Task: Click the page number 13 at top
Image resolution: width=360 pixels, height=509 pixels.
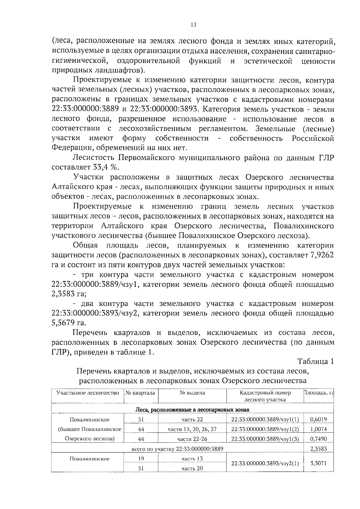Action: click(193, 25)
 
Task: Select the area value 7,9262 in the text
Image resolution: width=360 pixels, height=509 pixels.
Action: click(322, 255)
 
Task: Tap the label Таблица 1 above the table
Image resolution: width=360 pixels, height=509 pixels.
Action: click(315, 361)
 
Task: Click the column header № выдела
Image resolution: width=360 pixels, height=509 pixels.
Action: click(192, 393)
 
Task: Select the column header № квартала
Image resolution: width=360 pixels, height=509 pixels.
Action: click(140, 393)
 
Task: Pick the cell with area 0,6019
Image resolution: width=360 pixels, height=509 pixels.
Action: click(318, 419)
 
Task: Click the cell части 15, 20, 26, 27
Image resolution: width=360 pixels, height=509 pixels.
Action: click(192, 429)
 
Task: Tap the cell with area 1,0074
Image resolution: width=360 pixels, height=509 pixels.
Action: click(318, 429)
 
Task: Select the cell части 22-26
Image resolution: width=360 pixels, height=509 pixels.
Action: click(192, 439)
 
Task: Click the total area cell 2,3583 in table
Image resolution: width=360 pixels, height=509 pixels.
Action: click(318, 449)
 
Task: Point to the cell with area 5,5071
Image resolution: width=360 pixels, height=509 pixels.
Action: click(318, 463)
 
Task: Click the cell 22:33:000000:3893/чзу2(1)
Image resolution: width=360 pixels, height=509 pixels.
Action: click(265, 463)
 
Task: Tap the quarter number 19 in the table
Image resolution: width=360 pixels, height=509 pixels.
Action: click(141, 459)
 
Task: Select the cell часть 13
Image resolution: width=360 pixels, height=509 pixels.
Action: click(192, 459)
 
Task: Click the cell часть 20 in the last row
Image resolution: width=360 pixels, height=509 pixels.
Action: click(192, 468)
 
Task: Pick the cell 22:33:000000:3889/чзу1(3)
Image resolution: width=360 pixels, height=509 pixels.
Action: click(265, 439)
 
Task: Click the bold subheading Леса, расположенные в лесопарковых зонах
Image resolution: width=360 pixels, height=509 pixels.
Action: click(192, 410)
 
